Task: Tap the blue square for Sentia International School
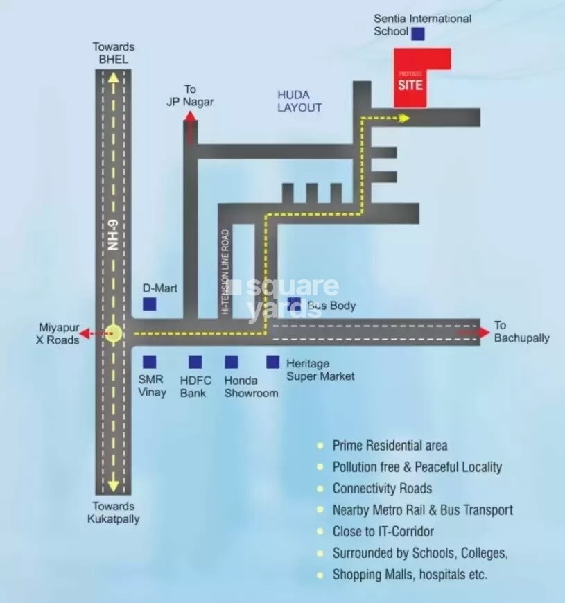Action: (418, 33)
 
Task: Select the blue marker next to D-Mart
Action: (149, 304)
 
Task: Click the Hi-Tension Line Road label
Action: (225, 272)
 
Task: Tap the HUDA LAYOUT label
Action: (299, 101)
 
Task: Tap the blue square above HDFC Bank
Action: (195, 362)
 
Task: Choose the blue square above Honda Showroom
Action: (232, 362)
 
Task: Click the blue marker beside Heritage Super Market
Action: (273, 362)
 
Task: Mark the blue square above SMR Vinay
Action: (148, 362)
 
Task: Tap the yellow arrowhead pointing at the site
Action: (405, 119)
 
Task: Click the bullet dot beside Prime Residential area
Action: (320, 446)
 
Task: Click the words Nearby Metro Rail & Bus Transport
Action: (422, 510)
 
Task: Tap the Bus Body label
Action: (331, 305)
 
